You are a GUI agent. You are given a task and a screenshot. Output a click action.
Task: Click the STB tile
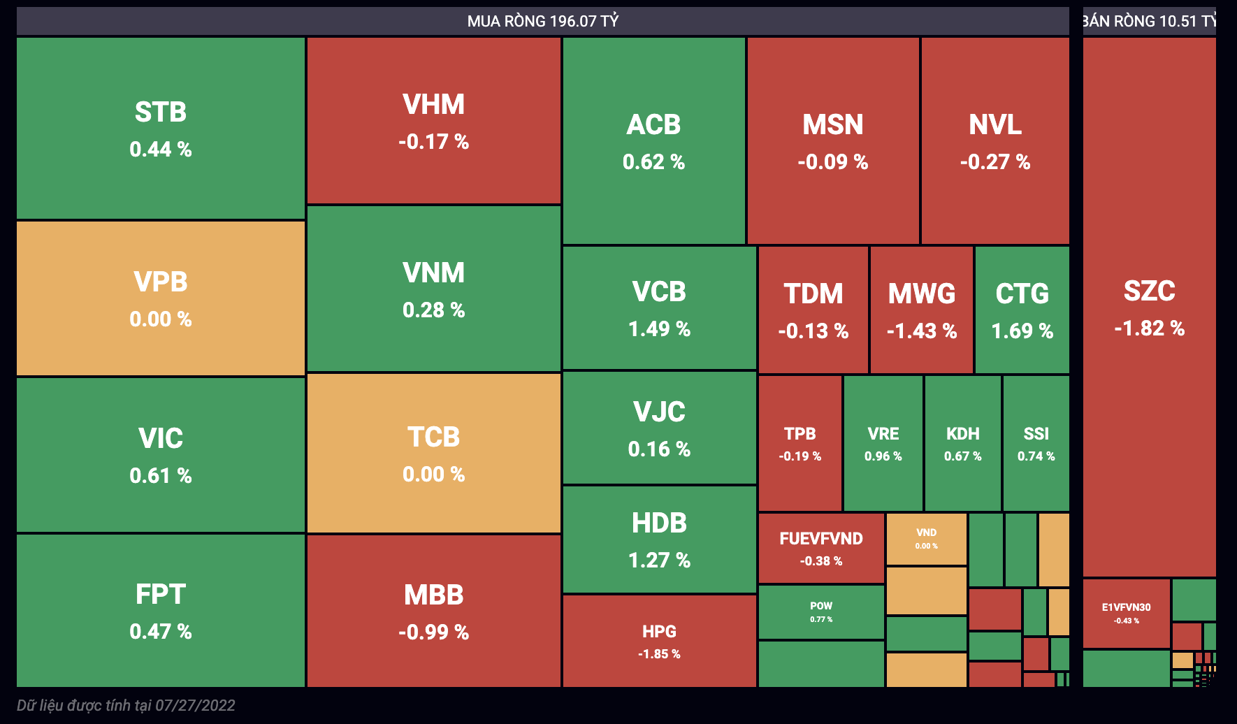tap(161, 129)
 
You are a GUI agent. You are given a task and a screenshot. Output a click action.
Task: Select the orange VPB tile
tap(161, 298)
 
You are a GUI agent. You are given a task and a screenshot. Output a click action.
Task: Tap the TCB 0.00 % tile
tap(433, 454)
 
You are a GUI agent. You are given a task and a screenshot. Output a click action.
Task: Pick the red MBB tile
tap(433, 611)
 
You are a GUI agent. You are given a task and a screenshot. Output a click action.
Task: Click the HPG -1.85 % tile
tap(659, 641)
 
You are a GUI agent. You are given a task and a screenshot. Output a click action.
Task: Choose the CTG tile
tap(1022, 310)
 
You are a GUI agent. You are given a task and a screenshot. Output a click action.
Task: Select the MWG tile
tap(921, 310)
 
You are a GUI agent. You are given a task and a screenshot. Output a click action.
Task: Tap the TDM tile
tap(813, 310)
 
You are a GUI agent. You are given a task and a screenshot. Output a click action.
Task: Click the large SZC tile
tap(1149, 307)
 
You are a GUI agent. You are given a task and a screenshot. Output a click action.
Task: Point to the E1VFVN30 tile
tap(1126, 614)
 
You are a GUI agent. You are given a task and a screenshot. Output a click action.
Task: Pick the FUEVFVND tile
tap(821, 548)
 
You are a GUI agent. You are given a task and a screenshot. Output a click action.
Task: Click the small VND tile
tap(926, 539)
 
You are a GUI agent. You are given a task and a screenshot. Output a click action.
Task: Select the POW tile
tap(821, 611)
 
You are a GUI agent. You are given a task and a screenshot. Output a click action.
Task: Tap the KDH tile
tap(962, 443)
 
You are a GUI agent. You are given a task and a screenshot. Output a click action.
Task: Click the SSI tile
tap(1036, 443)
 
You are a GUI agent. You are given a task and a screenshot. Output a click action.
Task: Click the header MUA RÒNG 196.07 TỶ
tap(543, 21)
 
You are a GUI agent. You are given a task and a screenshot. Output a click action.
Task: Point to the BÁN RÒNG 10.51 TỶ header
tap(1149, 21)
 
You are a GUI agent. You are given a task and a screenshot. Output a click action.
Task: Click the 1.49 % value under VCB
tap(659, 329)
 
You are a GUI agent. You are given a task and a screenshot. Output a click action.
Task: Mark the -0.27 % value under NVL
tap(994, 162)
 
